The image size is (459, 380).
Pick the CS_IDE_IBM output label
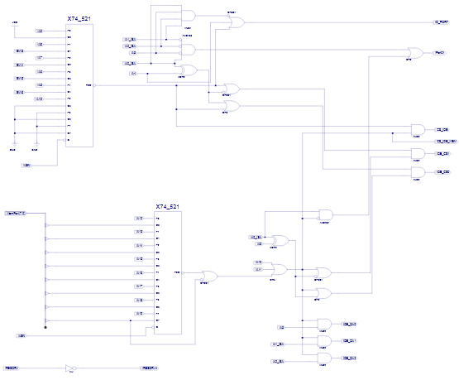[446, 141]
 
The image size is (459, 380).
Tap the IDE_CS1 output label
[442, 153]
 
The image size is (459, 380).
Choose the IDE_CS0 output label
[442, 171]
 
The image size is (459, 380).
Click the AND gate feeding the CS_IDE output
[417, 129]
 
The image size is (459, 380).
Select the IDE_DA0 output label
[350, 324]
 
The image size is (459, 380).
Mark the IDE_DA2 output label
[350, 358]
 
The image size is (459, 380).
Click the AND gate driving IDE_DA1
[323, 340]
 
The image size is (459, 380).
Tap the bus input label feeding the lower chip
[17, 214]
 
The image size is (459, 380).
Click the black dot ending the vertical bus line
[45, 328]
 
